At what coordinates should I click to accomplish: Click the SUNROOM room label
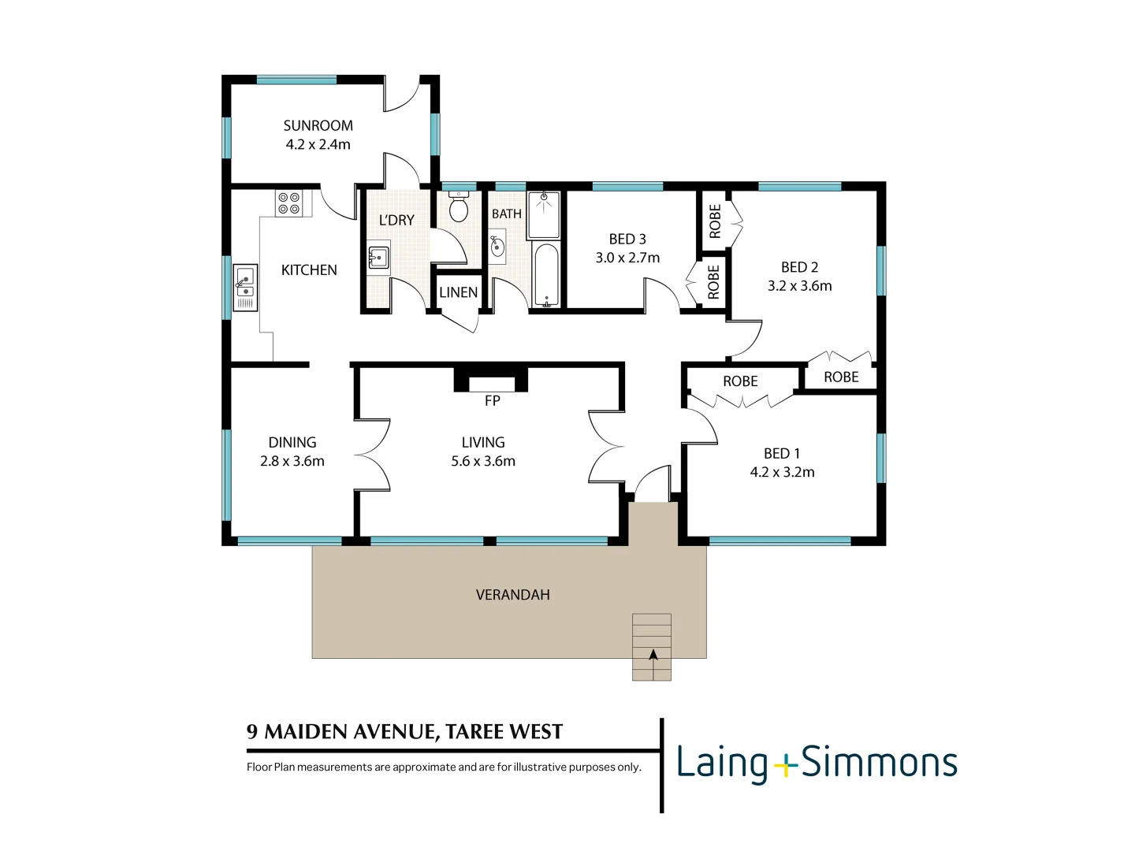pyautogui.click(x=318, y=126)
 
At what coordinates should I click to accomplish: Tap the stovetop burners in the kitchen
pyautogui.click(x=288, y=203)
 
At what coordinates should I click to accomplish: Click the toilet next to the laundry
pyautogui.click(x=458, y=207)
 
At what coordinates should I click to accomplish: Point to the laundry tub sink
pyautogui.click(x=378, y=258)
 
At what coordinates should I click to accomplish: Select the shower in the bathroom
pyautogui.click(x=543, y=214)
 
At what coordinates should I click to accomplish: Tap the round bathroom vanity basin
pyautogui.click(x=497, y=247)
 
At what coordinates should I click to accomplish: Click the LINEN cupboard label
pyautogui.click(x=458, y=292)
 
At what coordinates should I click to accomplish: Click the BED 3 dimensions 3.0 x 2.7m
pyautogui.click(x=627, y=258)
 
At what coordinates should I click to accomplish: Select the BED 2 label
pyautogui.click(x=799, y=267)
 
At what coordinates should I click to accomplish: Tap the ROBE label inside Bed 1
pyautogui.click(x=740, y=381)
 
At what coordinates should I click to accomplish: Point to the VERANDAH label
pyautogui.click(x=512, y=595)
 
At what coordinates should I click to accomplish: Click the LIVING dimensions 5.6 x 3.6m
pyautogui.click(x=483, y=462)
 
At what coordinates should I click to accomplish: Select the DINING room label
pyautogui.click(x=292, y=443)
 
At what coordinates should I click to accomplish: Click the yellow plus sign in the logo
pyautogui.click(x=784, y=764)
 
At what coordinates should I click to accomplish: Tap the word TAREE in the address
pyautogui.click(x=474, y=732)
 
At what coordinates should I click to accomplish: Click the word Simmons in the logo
pyautogui.click(x=879, y=763)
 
